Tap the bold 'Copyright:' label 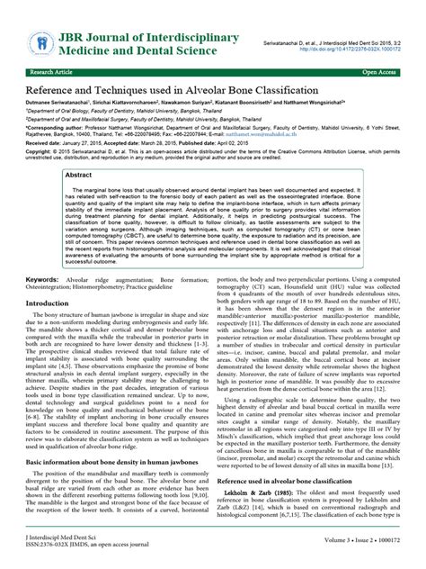40,152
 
